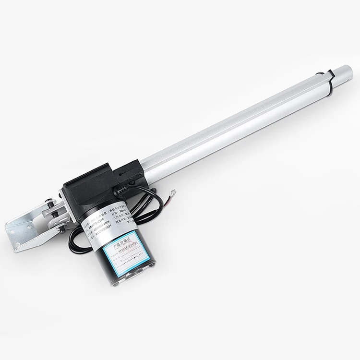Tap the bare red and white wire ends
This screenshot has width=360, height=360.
[172, 194]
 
